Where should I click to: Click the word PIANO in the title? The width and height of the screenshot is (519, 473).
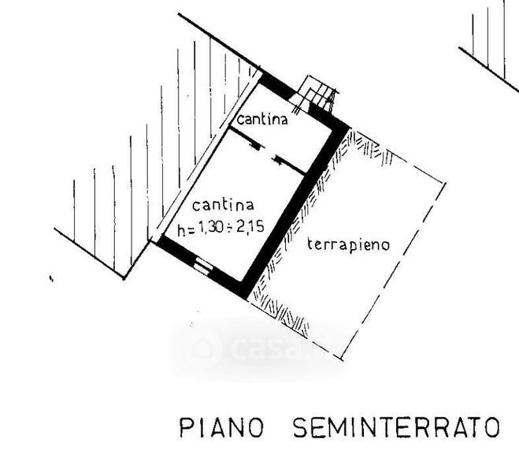tap(222, 428)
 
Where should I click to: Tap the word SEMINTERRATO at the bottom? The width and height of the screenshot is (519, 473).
tap(396, 428)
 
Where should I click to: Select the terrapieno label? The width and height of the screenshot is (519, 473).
tap(348, 244)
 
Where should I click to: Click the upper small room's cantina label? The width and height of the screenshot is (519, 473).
tap(263, 121)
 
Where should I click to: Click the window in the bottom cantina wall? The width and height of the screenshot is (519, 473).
tap(204, 266)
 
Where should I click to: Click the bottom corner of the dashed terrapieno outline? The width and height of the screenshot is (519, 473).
tap(343, 359)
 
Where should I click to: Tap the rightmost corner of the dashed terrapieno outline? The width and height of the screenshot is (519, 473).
tap(445, 184)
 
